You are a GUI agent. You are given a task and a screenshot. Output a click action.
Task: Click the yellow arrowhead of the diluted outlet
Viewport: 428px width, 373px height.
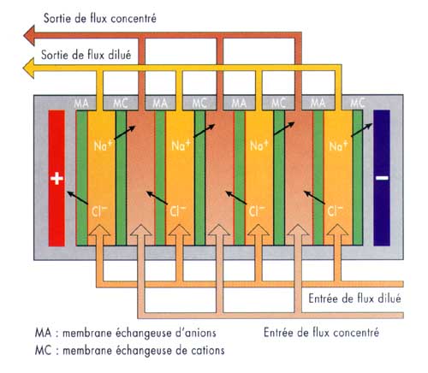(x=30, y=67)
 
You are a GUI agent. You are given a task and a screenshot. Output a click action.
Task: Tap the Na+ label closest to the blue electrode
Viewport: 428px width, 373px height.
(x=335, y=146)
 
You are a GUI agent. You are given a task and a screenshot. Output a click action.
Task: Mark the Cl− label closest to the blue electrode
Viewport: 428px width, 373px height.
(x=335, y=209)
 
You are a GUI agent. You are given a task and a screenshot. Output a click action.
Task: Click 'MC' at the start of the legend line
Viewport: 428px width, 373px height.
(x=39, y=349)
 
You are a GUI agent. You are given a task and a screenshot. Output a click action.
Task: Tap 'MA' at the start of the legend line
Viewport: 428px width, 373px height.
(x=39, y=332)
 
